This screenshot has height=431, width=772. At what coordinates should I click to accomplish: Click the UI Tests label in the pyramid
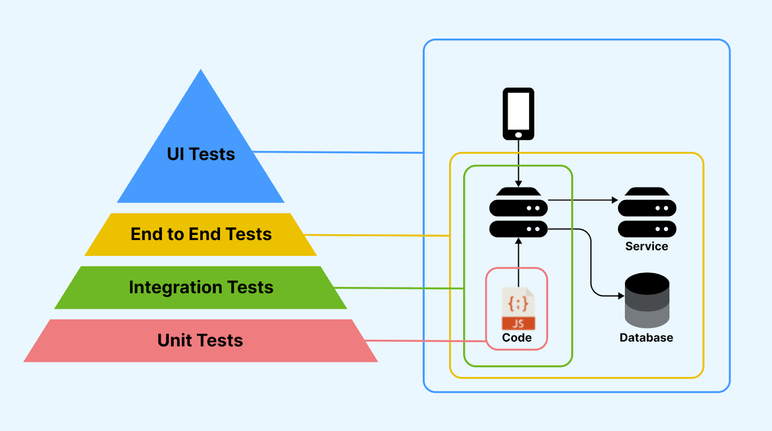(201, 154)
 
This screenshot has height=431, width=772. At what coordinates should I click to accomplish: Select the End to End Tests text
(201, 234)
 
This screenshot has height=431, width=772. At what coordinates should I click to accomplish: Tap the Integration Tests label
(201, 287)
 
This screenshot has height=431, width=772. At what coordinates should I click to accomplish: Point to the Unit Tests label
(200, 340)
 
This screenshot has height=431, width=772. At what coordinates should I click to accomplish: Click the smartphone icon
(518, 113)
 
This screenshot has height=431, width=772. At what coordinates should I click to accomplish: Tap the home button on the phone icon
(518, 135)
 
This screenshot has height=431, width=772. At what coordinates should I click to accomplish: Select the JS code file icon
(518, 309)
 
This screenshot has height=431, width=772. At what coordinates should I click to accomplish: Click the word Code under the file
(517, 338)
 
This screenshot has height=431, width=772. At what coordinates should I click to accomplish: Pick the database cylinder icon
(647, 300)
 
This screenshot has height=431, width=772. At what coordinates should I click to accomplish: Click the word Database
(646, 338)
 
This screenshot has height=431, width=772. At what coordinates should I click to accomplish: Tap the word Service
(647, 246)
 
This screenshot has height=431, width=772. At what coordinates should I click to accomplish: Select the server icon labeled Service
(647, 212)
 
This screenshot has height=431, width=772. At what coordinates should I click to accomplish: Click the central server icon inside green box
(518, 212)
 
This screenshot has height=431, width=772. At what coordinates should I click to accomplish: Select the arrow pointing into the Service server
(584, 200)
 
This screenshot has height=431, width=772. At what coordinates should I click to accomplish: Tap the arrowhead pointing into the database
(621, 296)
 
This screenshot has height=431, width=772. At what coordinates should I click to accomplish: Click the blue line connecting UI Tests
(338, 153)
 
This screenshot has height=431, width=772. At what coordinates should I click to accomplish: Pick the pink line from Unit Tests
(425, 341)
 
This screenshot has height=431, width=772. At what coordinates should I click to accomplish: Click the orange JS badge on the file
(518, 323)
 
